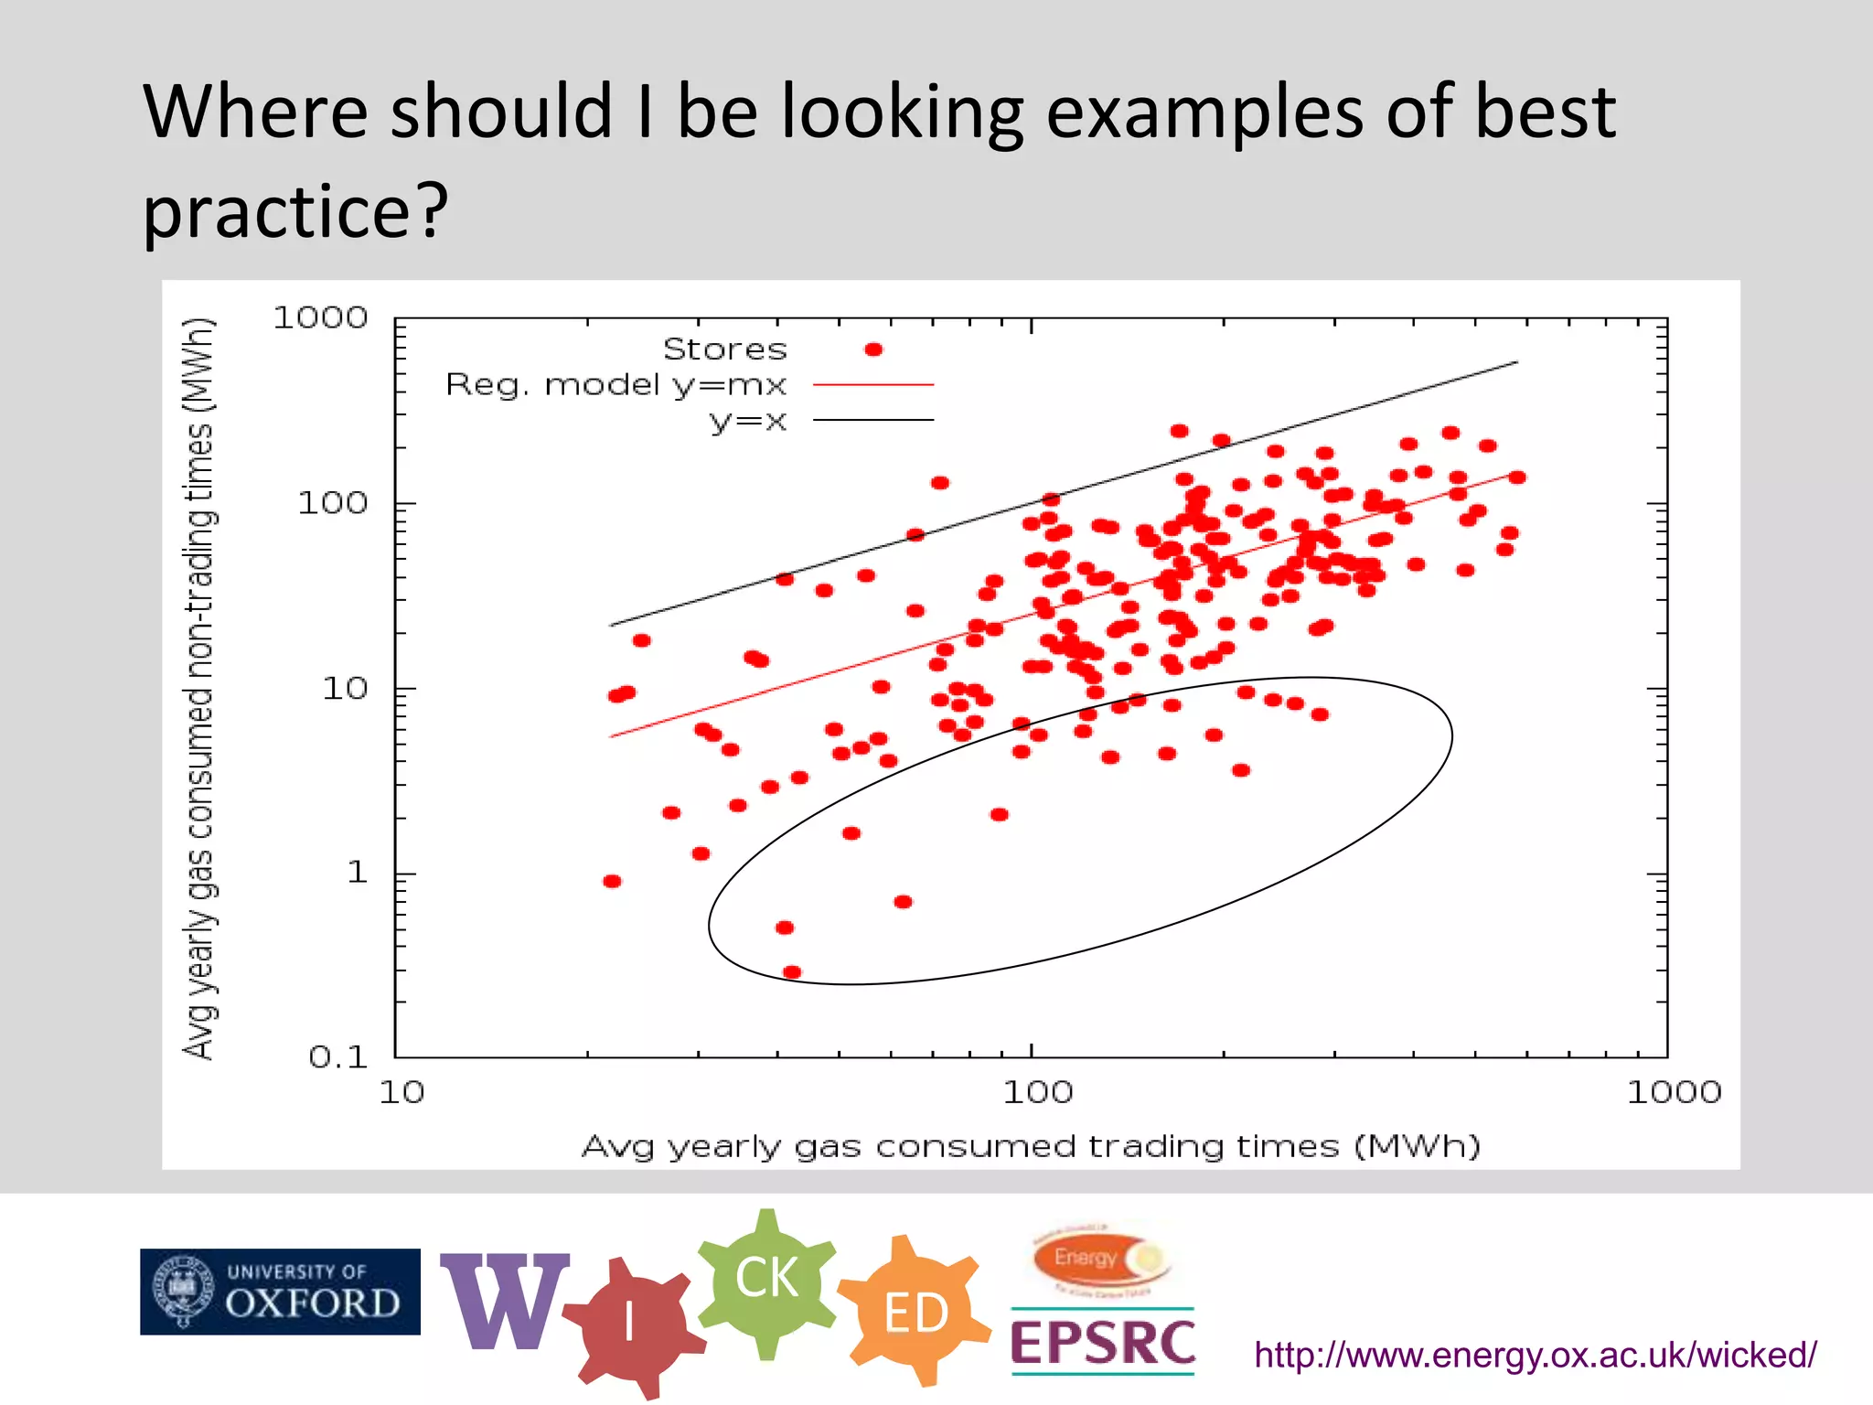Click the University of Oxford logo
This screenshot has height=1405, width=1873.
[280, 1291]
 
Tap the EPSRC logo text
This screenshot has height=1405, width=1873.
[1102, 1343]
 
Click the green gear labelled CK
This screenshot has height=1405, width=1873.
[767, 1278]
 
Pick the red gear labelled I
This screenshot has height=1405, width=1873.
[630, 1323]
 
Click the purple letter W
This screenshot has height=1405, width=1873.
[504, 1301]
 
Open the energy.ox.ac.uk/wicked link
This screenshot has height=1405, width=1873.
[1535, 1355]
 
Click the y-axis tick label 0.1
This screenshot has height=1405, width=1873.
[337, 1057]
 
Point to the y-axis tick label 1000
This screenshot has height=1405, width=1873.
[320, 318]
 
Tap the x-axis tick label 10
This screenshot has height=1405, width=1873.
[401, 1092]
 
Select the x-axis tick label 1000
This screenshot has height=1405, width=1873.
[1673, 1092]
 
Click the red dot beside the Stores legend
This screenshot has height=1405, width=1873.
[873, 349]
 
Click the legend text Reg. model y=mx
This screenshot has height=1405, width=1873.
[615, 385]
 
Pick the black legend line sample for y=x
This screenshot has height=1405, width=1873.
[873, 420]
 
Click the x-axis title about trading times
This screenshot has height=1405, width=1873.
[1031, 1146]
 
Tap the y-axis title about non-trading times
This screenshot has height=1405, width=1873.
[200, 688]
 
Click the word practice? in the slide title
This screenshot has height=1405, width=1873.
[295, 209]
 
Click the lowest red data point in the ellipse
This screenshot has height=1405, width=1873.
[792, 971]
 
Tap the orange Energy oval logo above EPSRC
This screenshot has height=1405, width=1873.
[1101, 1260]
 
